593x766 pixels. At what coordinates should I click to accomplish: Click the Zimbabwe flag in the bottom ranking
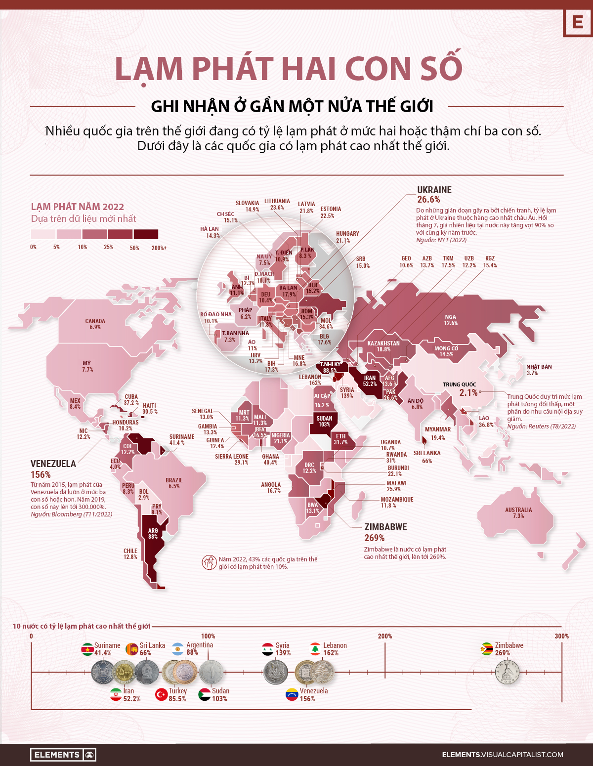pos(487,649)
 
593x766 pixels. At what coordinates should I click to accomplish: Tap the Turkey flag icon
pos(162,694)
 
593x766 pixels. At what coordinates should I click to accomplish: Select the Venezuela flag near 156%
pos(292,694)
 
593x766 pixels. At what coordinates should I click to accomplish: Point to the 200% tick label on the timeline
pos(385,636)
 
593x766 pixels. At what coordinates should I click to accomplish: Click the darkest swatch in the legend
pos(146,234)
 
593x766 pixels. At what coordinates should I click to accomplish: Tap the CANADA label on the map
pos(95,324)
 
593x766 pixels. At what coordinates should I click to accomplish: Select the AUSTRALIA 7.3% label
pos(518,512)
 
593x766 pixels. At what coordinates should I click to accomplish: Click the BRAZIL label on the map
pos(174,483)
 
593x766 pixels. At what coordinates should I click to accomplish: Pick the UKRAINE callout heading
pos(434,190)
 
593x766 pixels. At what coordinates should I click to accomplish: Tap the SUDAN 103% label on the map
pos(324,421)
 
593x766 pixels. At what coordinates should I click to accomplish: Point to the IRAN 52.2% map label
pos(370,381)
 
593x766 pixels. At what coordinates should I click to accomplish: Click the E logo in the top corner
pos(577,22)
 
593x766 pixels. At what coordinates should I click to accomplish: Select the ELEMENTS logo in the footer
pos(63,755)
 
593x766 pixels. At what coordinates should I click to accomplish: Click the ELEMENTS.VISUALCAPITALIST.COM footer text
pos(502,755)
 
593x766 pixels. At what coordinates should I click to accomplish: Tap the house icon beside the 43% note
pos(209,562)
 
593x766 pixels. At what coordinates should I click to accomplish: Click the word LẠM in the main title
pos(149,69)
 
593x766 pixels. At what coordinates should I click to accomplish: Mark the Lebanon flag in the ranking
pos(315,649)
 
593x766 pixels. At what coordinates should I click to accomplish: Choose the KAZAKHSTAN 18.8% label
pos(383,346)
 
